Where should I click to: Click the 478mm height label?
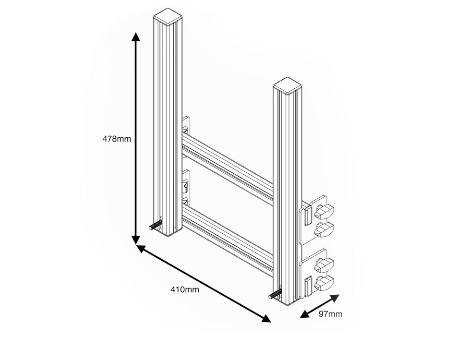point(117,139)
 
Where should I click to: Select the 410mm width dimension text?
point(185,289)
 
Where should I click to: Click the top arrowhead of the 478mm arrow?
point(136,37)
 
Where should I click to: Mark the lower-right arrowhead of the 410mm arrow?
point(266,318)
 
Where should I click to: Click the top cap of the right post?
point(288,85)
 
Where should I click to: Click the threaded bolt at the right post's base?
point(276,294)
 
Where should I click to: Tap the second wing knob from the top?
point(325,228)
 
